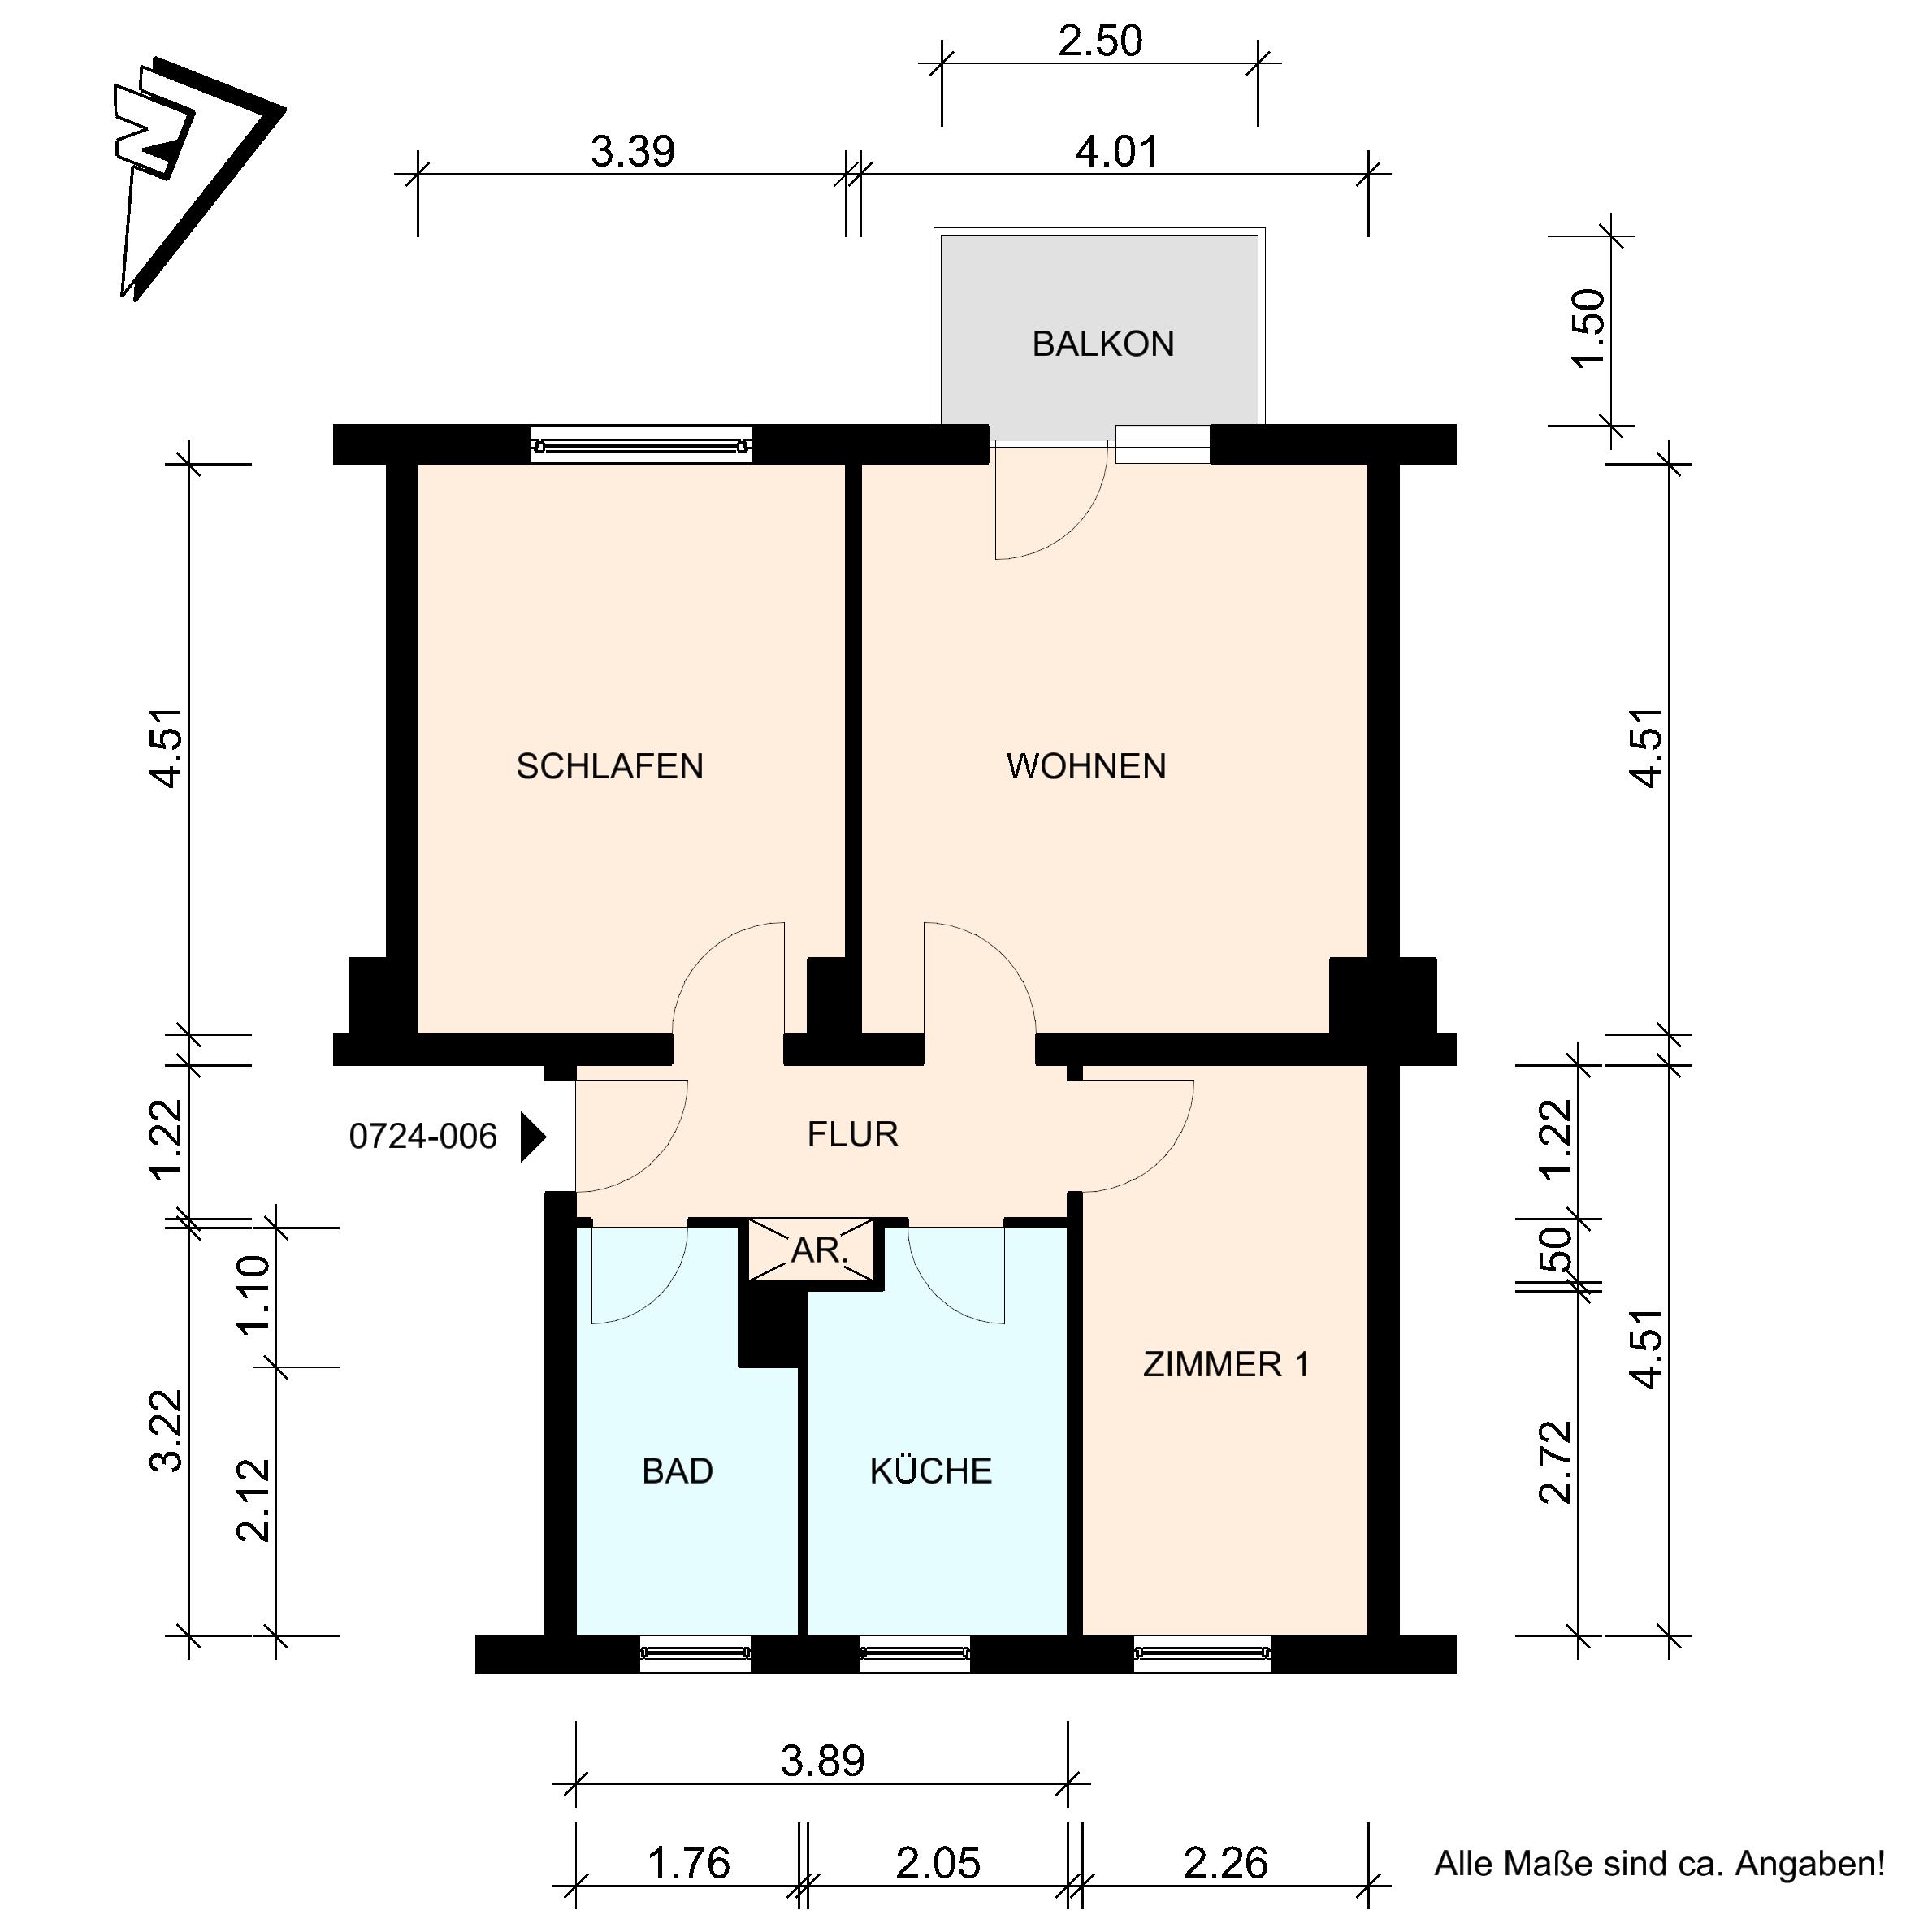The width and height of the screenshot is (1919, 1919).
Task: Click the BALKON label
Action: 1102,344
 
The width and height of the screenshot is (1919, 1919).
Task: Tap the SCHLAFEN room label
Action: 610,766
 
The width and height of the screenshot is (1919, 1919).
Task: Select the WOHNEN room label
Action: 1085,766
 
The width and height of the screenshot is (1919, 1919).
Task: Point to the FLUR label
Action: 852,1134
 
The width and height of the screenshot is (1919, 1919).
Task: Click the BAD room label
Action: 678,1471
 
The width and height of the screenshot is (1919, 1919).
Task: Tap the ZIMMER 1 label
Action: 1226,1365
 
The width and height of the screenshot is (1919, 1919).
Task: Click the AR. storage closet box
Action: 812,1250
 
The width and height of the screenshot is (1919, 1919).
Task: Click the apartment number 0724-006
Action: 423,1137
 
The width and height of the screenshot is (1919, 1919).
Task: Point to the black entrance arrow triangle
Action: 534,1137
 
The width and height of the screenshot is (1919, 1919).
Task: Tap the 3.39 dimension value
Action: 633,153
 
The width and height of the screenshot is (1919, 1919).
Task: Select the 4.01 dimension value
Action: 1117,153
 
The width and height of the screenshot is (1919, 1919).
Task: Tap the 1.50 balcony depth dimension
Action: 1588,327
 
